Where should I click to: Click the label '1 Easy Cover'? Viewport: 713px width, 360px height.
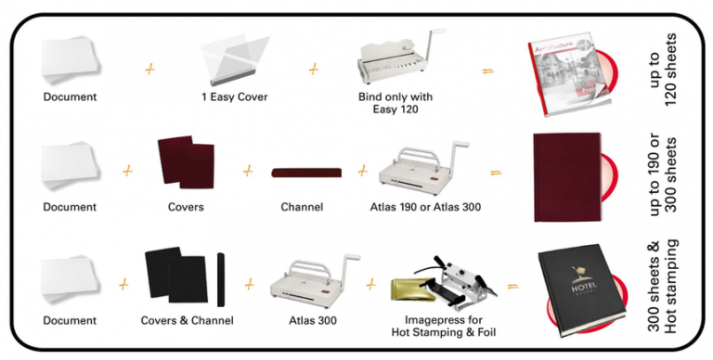pyautogui.click(x=234, y=96)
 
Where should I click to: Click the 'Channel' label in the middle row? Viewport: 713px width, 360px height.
pyautogui.click(x=302, y=207)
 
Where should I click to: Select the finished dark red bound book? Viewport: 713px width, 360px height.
pyautogui.click(x=567, y=176)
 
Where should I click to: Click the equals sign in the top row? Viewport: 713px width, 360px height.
pyautogui.click(x=486, y=68)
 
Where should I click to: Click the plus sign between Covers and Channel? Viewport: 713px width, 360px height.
pyautogui.click(x=248, y=171)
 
